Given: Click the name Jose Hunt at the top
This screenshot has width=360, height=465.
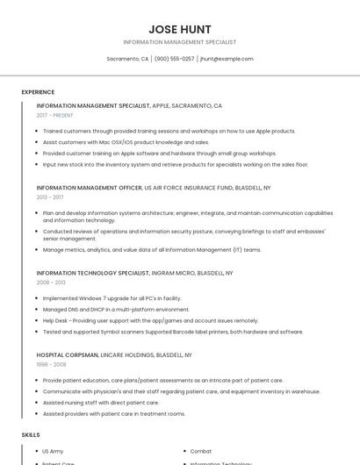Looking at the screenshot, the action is (x=180, y=29).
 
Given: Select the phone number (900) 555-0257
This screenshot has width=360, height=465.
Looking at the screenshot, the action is (x=174, y=59).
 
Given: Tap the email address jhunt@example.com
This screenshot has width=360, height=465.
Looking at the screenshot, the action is (x=227, y=59).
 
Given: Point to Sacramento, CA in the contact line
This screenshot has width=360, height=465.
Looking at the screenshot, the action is (x=127, y=59).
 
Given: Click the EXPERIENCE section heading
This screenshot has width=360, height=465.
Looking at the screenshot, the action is (x=38, y=92).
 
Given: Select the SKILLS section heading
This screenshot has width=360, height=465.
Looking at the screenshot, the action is (x=30, y=434).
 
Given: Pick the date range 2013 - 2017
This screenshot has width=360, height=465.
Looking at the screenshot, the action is (x=50, y=197).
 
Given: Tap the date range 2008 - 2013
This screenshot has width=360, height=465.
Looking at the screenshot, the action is (x=51, y=283).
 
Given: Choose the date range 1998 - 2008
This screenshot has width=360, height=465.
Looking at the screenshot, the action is (x=51, y=364).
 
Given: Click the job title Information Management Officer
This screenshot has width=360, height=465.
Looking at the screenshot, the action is (x=89, y=188).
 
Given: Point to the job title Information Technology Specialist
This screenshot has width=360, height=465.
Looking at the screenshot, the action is (x=92, y=273).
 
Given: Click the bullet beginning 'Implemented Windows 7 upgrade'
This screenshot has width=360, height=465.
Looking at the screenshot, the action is (x=112, y=298).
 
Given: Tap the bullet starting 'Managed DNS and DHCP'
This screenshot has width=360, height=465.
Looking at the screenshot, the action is (x=116, y=310).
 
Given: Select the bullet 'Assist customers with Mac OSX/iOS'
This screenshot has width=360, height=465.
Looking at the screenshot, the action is (x=126, y=141).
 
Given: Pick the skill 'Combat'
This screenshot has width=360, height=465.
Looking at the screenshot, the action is (x=201, y=451).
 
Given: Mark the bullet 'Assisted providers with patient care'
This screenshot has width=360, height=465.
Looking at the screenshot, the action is (x=114, y=413).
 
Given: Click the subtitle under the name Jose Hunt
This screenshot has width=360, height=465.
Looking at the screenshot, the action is (x=180, y=42).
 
